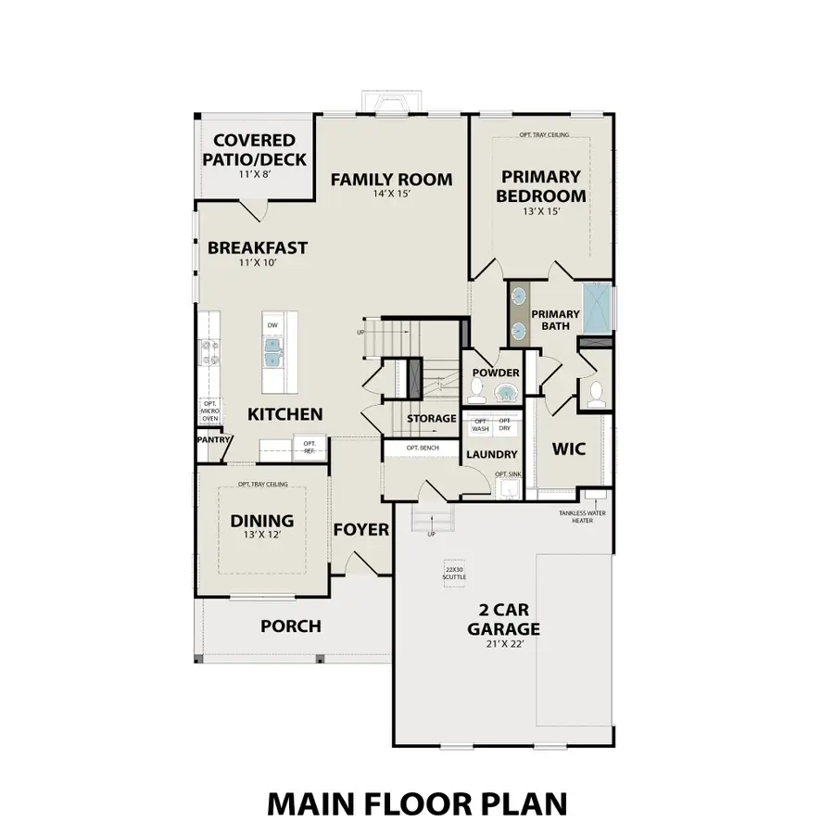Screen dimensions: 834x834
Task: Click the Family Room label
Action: click(x=391, y=179)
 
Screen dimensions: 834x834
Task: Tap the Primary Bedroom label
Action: click(x=540, y=185)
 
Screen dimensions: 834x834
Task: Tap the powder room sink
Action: click(x=507, y=393)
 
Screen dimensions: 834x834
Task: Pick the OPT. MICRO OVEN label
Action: click(x=209, y=411)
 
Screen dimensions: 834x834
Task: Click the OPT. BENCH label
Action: click(x=422, y=448)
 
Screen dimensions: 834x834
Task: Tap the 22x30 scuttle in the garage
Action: click(x=454, y=573)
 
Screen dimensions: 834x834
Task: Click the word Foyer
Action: click(x=360, y=530)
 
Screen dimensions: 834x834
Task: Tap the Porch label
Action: click(x=290, y=626)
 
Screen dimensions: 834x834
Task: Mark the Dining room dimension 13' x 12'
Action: click(x=261, y=535)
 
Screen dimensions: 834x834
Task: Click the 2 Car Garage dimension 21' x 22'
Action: click(x=502, y=644)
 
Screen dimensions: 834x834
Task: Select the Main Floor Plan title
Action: click(x=417, y=802)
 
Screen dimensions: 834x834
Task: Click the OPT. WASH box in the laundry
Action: click(x=480, y=424)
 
